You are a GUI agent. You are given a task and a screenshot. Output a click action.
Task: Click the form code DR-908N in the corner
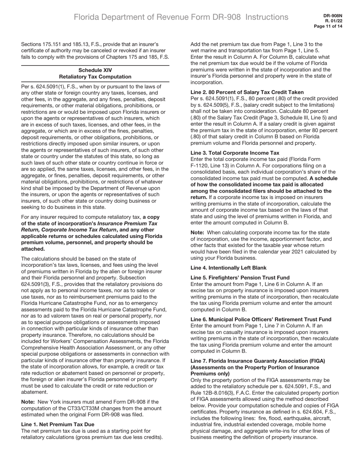333,16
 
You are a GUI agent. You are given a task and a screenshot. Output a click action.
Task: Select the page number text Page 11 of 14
328,27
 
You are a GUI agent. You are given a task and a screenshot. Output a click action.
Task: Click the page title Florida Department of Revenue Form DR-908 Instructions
181,17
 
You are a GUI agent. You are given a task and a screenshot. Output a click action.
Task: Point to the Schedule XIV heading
95,70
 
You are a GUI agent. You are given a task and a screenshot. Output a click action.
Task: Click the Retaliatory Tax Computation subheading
95,77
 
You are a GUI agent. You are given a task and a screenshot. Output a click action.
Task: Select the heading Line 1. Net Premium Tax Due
58,424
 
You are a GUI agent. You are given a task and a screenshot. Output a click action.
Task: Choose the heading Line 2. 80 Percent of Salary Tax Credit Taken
247,92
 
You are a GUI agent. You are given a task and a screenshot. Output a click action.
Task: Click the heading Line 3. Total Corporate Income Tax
235,153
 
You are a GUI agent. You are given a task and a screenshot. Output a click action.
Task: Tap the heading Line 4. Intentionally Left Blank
228,268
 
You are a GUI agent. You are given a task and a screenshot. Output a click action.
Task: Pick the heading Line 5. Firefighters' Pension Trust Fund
240,278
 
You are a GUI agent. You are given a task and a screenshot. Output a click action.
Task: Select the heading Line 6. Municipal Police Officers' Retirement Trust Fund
261,319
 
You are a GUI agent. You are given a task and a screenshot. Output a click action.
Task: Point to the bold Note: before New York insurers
28,402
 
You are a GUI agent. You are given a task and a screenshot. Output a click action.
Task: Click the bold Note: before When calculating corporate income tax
198,232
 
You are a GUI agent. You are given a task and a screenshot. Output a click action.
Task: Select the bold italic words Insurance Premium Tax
127,223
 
